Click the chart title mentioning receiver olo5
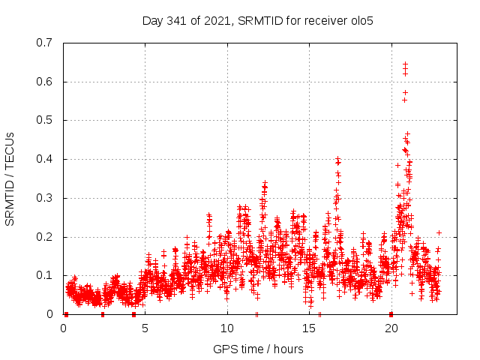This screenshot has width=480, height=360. click(x=258, y=21)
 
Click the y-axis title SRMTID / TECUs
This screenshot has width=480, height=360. click(x=10, y=178)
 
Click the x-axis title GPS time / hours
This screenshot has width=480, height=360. click(x=258, y=349)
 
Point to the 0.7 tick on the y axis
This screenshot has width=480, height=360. click(x=45, y=43)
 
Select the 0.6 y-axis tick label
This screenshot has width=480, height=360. click(x=45, y=82)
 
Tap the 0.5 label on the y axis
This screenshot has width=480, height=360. click(x=45, y=120)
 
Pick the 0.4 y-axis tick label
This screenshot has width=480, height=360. click(x=45, y=159)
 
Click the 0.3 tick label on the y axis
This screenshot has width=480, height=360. click(x=45, y=198)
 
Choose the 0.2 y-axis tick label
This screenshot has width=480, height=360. click(x=45, y=237)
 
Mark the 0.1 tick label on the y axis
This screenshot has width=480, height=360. click(x=45, y=275)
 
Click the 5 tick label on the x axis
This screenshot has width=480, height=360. click(x=145, y=328)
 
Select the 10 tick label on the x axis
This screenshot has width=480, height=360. click(x=227, y=328)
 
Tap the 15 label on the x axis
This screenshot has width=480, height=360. click(x=309, y=328)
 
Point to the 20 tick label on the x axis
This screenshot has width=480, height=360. click(x=391, y=328)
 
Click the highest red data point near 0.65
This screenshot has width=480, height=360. click(x=405, y=64)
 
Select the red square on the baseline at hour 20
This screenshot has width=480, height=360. click(x=391, y=314)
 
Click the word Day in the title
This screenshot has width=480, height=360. click(x=152, y=21)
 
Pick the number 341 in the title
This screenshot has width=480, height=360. click(x=177, y=21)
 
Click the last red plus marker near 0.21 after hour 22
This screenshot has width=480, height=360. click(x=439, y=232)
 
